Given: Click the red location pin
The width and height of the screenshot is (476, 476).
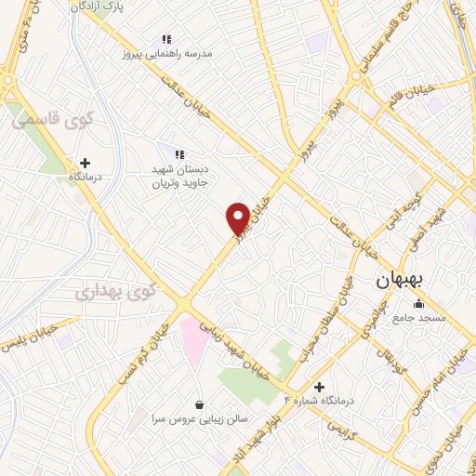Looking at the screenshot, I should pos(238,218).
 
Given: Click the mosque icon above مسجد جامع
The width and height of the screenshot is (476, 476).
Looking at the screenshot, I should pos(418,303).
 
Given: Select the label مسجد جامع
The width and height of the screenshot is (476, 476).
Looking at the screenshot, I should pos(418,318).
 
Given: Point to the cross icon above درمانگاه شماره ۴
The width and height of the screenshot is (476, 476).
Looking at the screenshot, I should pos(320,386).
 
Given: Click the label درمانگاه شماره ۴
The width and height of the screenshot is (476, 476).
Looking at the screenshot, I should pos(320,400).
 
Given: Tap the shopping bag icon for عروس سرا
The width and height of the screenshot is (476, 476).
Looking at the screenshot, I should pos(201,404).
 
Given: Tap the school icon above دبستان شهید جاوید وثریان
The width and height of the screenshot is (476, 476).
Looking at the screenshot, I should pos(179,153).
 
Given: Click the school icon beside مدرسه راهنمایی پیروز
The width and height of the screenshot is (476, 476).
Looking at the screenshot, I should pos(166,39).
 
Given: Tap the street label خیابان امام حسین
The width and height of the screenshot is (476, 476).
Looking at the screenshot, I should pos(443,369).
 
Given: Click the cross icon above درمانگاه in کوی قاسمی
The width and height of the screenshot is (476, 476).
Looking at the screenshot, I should pos(86,163).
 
